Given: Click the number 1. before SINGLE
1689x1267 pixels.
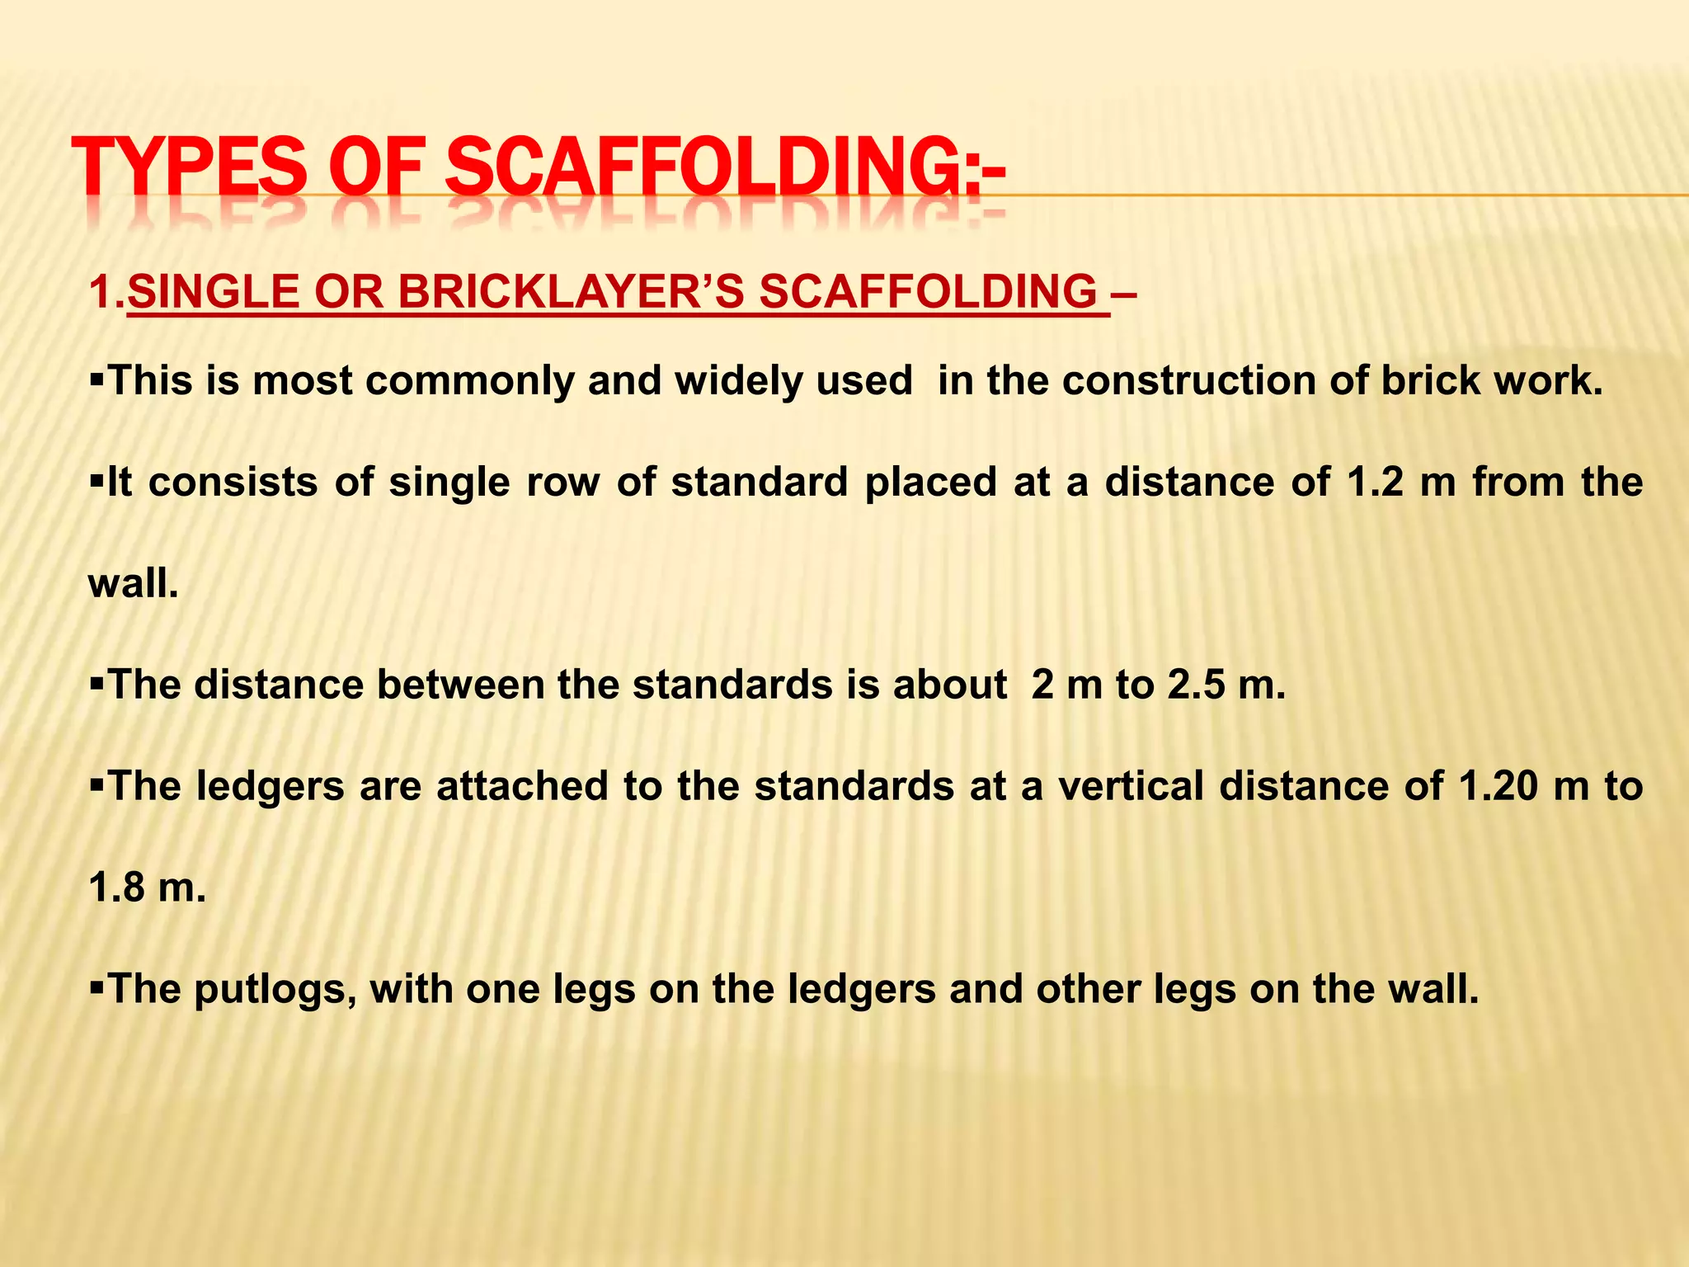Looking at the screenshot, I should (x=107, y=292).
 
